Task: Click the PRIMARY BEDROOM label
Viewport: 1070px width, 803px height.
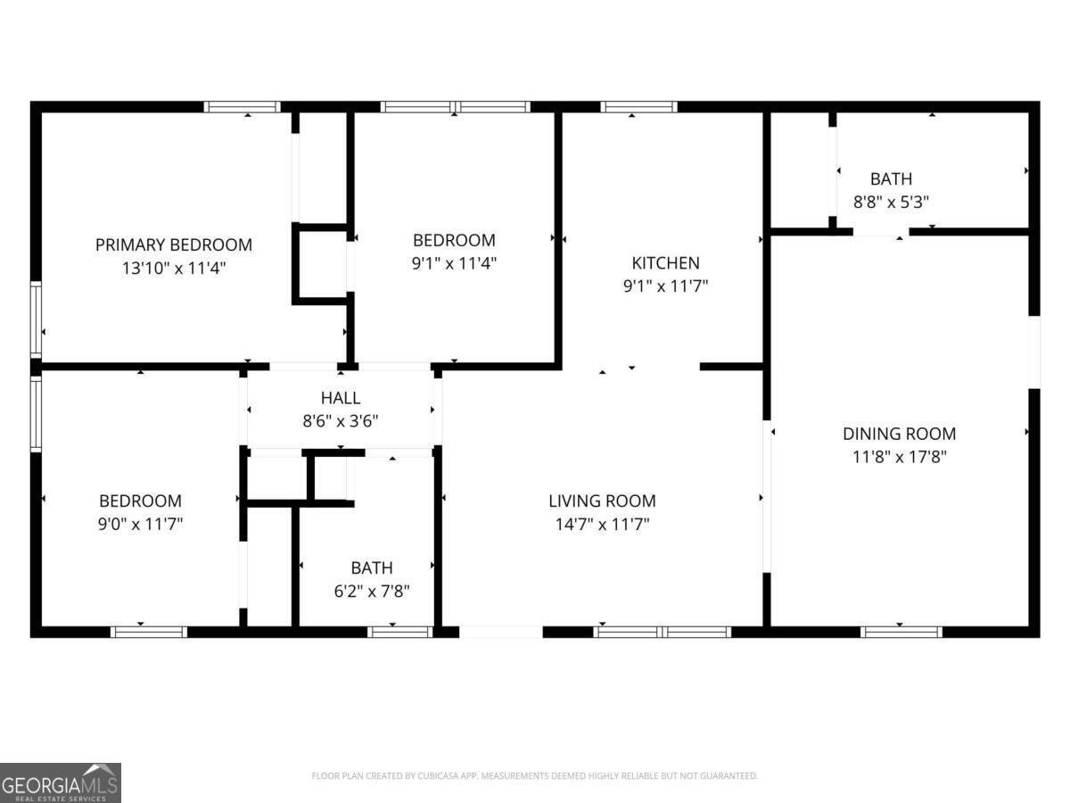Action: pos(174,244)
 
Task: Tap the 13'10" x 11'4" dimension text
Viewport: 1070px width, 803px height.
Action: pos(174,267)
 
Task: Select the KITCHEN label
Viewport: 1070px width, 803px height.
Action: pos(665,263)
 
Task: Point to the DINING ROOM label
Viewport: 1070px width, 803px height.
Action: pos(899,435)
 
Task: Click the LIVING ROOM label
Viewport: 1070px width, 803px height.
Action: pos(602,501)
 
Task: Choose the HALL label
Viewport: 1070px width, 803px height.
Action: pos(341,398)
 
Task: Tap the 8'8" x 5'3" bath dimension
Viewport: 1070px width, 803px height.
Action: pos(892,202)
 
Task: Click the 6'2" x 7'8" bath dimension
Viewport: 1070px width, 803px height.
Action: pos(372,591)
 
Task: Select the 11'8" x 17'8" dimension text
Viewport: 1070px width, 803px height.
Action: pos(899,457)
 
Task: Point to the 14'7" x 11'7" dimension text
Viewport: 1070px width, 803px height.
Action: pos(602,524)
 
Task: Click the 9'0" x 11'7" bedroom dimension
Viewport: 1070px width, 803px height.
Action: pos(140,524)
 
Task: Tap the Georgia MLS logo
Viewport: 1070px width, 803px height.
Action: pos(60,782)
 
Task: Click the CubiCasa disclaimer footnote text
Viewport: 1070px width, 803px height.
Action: pos(534,776)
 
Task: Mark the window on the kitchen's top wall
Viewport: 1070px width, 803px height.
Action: pos(638,107)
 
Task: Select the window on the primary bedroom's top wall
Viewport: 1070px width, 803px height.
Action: pos(242,107)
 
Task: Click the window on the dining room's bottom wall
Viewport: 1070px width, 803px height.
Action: pos(901,632)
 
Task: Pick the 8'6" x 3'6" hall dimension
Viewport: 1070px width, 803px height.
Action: pos(341,420)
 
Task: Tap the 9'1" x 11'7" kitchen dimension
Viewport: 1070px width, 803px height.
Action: pos(665,286)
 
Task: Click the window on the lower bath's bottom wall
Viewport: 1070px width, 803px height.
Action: pos(399,632)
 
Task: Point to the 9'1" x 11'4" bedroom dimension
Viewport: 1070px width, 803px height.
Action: pos(454,262)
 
